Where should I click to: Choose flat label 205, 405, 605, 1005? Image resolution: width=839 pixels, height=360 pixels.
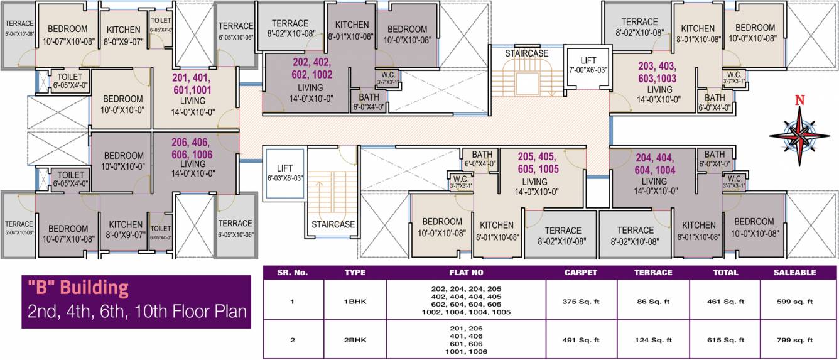coord(538,162)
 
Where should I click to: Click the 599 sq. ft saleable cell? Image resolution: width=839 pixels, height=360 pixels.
coord(797,302)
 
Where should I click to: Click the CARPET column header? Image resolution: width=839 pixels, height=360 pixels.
coord(581,273)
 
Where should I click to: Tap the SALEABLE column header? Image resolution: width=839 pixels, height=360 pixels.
coord(797,273)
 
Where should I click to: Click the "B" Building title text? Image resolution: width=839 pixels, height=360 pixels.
coord(76,288)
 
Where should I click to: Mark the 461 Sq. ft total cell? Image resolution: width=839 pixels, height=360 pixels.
coord(725,302)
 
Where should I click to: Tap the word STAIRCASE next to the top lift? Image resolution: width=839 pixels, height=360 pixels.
coord(526,53)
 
